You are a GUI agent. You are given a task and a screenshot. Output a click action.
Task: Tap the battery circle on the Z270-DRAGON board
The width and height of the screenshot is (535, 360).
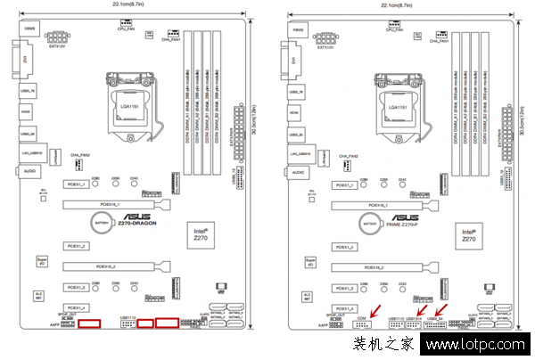coord(103,225)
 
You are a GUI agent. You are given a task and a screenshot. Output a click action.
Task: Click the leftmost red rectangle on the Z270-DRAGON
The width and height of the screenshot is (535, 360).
coord(88,322)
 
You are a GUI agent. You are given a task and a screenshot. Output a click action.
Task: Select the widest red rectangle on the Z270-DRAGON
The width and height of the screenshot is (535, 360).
coord(165,322)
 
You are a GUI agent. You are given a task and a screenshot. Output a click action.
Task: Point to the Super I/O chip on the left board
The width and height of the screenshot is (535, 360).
coord(40,261)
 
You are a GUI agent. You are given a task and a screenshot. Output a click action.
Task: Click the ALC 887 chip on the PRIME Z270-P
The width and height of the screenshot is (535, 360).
coord(307,297)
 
